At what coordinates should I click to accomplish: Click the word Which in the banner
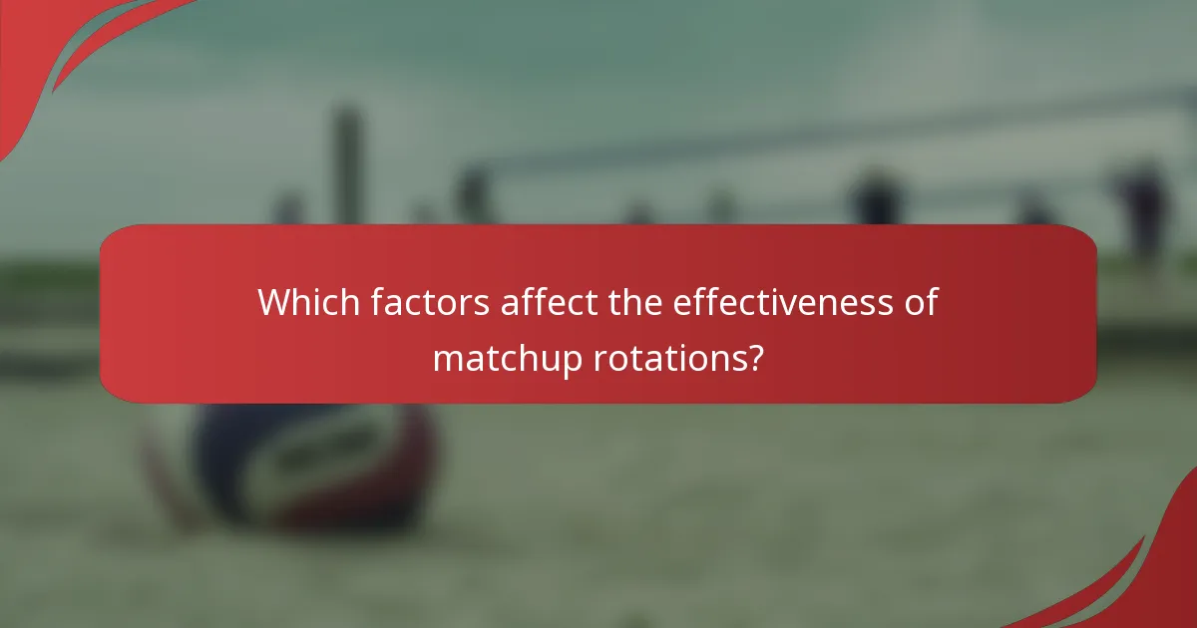coord(308,301)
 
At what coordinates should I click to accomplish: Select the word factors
coord(430,301)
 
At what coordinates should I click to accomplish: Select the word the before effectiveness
coord(634,301)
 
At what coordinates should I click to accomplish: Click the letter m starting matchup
coord(446,359)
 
